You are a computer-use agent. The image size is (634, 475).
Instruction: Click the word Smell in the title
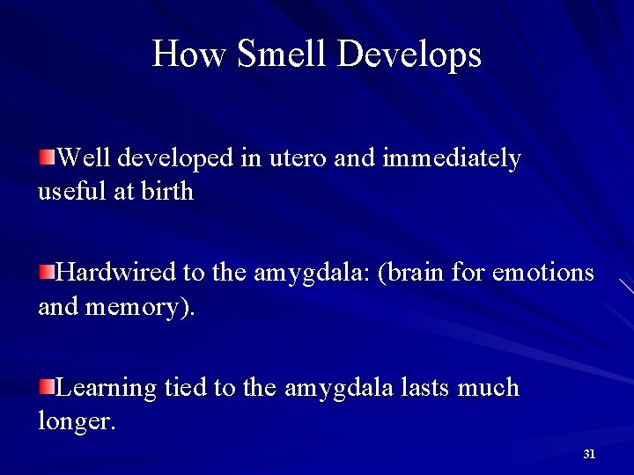pos(283,54)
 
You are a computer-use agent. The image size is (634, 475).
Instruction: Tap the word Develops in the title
pos(409,55)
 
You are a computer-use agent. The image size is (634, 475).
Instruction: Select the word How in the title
pos(189,54)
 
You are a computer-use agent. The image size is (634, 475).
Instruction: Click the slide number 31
pos(589,454)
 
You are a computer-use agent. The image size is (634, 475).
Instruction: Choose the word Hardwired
pos(115,274)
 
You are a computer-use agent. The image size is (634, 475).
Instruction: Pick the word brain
pos(417,274)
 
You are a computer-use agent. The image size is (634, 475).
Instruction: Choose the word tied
pos(184,388)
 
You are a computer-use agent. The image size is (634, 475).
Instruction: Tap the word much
pos(490,388)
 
